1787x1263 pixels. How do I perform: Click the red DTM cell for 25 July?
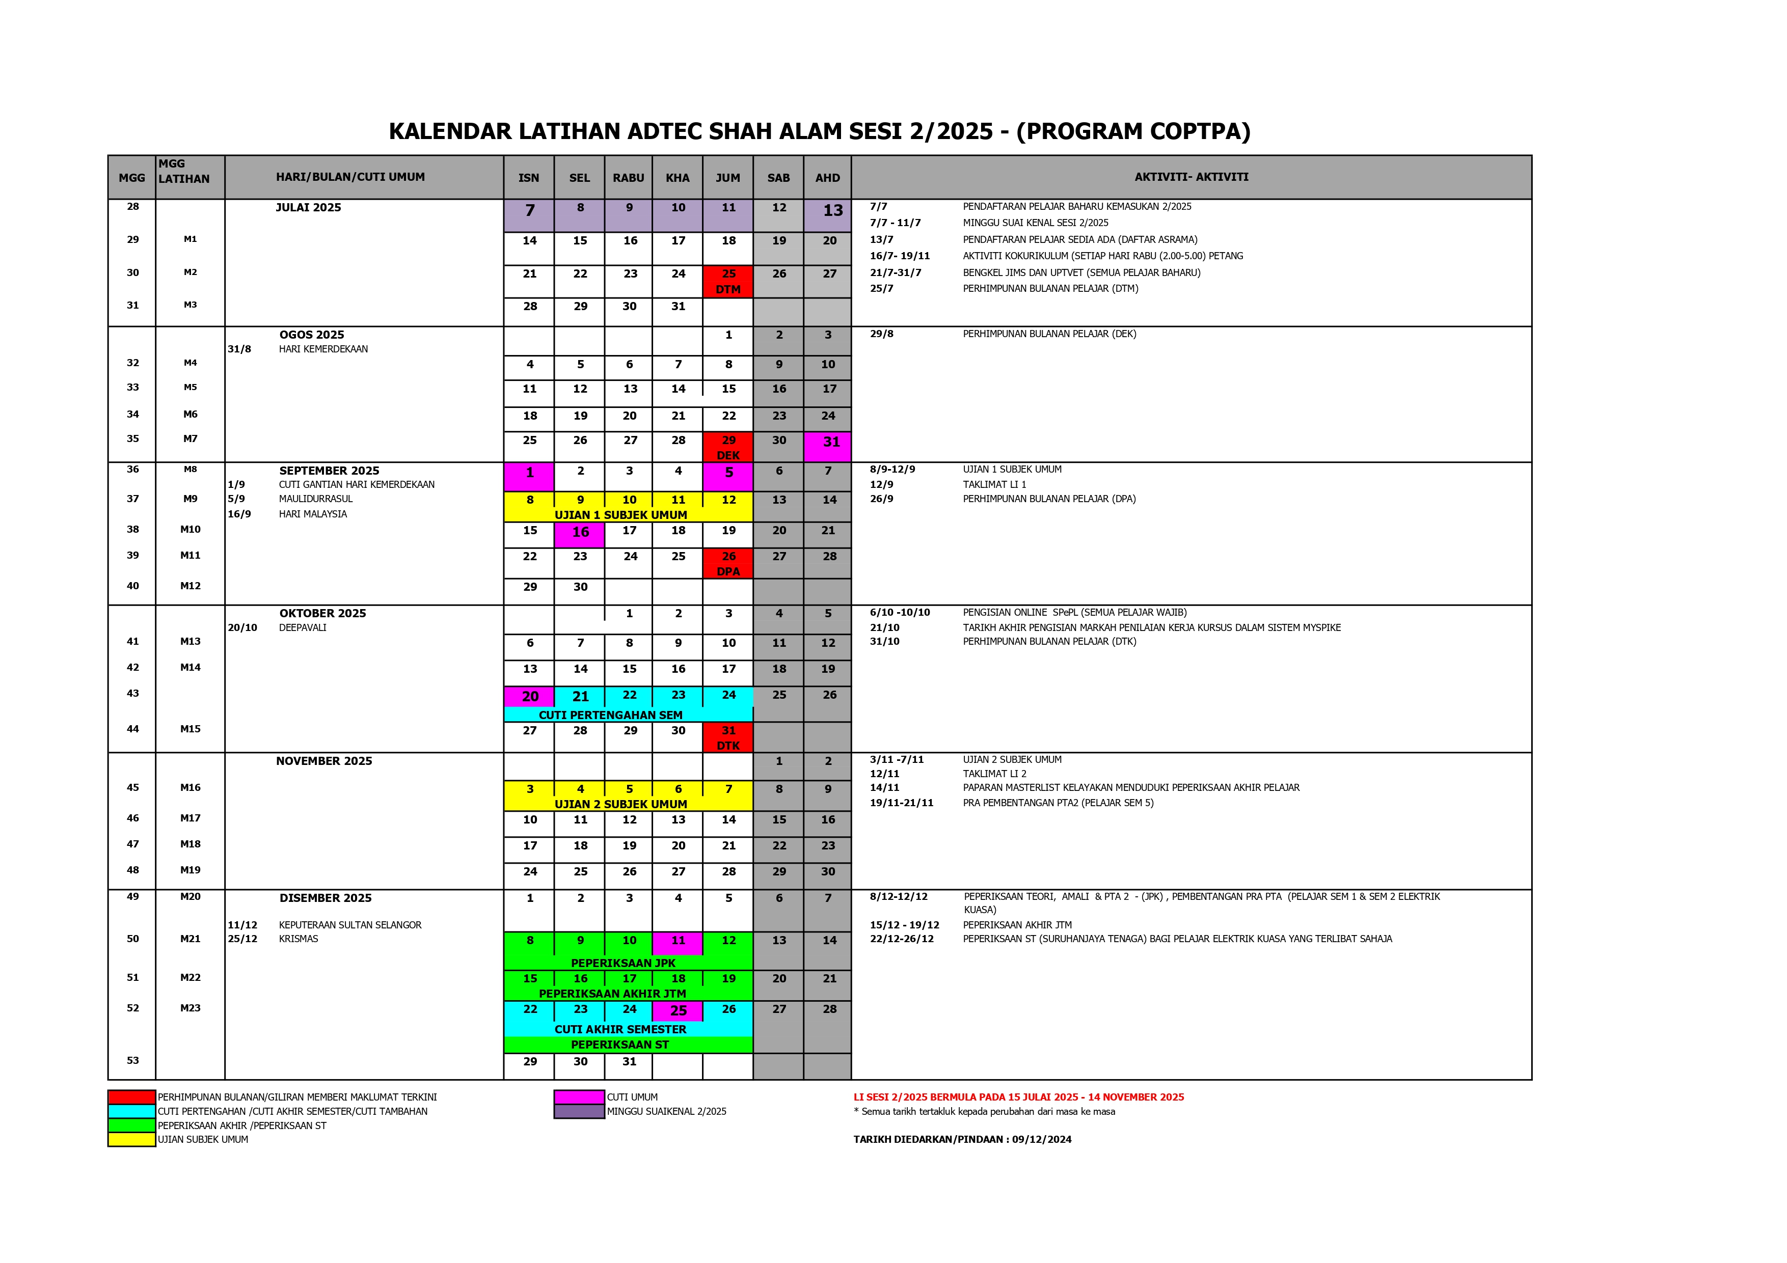(728, 281)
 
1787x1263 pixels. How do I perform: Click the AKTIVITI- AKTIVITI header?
(1191, 177)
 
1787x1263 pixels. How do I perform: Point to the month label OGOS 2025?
(311, 335)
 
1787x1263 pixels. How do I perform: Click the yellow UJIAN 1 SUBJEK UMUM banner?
(620, 514)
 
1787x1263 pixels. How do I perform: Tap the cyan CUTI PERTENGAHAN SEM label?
(610, 715)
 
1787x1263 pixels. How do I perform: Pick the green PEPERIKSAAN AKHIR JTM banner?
(612, 993)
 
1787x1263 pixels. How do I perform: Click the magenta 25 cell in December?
(678, 1010)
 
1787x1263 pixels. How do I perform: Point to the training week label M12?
(190, 586)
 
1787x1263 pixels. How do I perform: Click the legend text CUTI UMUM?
(632, 1097)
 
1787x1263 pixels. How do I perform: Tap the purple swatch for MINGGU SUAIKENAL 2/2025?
(579, 1111)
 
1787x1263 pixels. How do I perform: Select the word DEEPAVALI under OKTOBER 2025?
(303, 627)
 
